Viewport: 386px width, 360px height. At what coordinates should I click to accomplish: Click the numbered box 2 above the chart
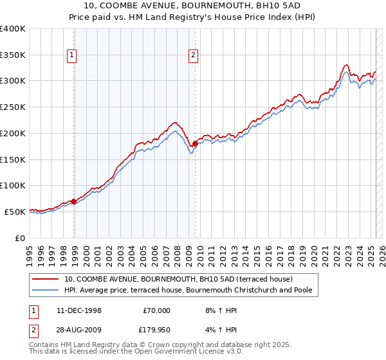pos(193,56)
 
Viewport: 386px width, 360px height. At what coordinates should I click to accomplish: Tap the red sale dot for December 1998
pos(74,201)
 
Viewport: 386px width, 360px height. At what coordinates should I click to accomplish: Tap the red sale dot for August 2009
pos(196,143)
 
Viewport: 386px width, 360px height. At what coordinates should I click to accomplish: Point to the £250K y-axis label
pos(13,107)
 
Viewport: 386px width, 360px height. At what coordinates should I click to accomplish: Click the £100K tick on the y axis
pos(13,185)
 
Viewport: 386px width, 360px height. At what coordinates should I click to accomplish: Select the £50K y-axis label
pos(15,212)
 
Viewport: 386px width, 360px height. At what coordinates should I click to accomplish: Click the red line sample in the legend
pos(46,279)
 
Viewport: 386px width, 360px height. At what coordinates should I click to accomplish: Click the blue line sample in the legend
pos(46,291)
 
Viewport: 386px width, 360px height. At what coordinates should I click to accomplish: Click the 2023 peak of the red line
pos(346,65)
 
